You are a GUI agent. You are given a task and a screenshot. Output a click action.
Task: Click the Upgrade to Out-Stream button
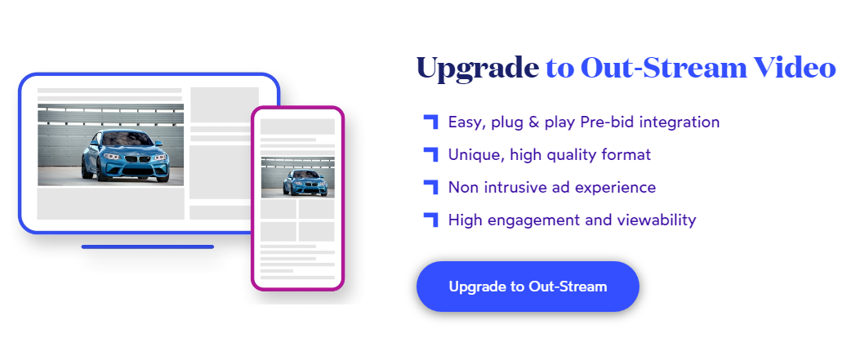[528, 287]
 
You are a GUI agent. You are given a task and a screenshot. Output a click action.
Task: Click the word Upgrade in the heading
[478, 69]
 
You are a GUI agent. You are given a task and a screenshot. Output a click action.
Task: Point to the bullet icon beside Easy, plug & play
[430, 122]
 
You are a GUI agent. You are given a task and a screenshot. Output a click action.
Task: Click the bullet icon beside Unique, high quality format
[430, 154]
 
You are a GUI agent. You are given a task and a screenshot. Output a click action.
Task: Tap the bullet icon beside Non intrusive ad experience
[430, 187]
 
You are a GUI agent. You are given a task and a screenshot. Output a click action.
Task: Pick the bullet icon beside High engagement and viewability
[430, 220]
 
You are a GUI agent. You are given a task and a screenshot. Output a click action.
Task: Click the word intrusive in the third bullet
[519, 188]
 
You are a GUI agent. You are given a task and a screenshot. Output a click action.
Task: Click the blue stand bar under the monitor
[148, 247]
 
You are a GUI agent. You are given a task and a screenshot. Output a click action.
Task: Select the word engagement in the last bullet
[524, 221]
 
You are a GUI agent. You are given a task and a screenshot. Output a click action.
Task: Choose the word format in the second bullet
[626, 154]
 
